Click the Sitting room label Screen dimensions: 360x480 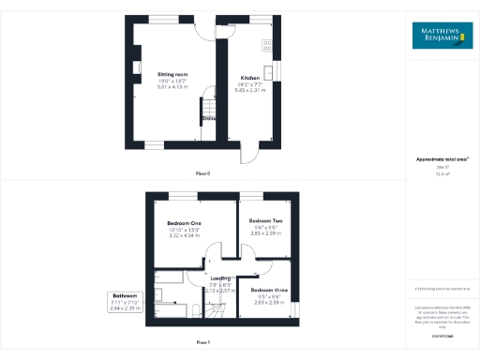173,74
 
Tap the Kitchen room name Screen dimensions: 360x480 249,78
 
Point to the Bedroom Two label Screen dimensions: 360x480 266,221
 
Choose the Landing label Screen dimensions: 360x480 220,278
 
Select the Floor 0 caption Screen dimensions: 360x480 203,174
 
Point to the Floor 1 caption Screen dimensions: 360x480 203,342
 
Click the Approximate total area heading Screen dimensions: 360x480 442,160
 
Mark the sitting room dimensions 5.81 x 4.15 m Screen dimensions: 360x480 173,86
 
